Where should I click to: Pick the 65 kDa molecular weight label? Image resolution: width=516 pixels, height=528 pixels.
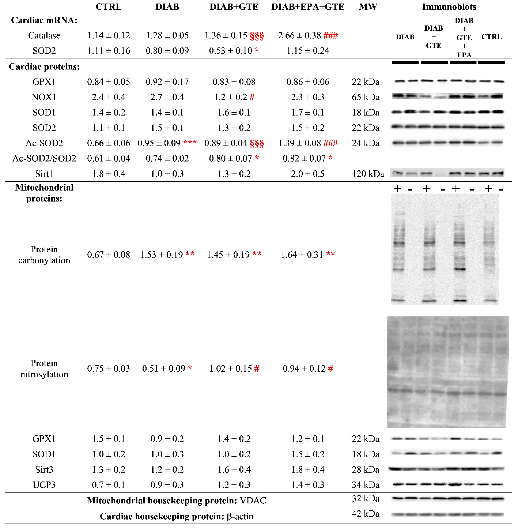coord(365,97)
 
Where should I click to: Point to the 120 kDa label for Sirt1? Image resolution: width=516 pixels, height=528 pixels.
coord(368,174)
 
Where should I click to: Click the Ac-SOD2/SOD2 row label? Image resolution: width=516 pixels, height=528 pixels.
coord(44,158)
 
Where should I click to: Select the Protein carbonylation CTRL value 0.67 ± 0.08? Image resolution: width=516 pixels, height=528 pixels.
coord(108,255)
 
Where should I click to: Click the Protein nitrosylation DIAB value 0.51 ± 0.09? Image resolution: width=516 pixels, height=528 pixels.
coord(163,369)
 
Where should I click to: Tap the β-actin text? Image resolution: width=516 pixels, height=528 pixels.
coord(240,516)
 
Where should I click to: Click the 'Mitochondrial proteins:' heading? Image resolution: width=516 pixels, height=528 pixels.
coord(44,193)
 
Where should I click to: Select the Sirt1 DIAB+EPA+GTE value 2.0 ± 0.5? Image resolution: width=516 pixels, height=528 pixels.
coord(308,174)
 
